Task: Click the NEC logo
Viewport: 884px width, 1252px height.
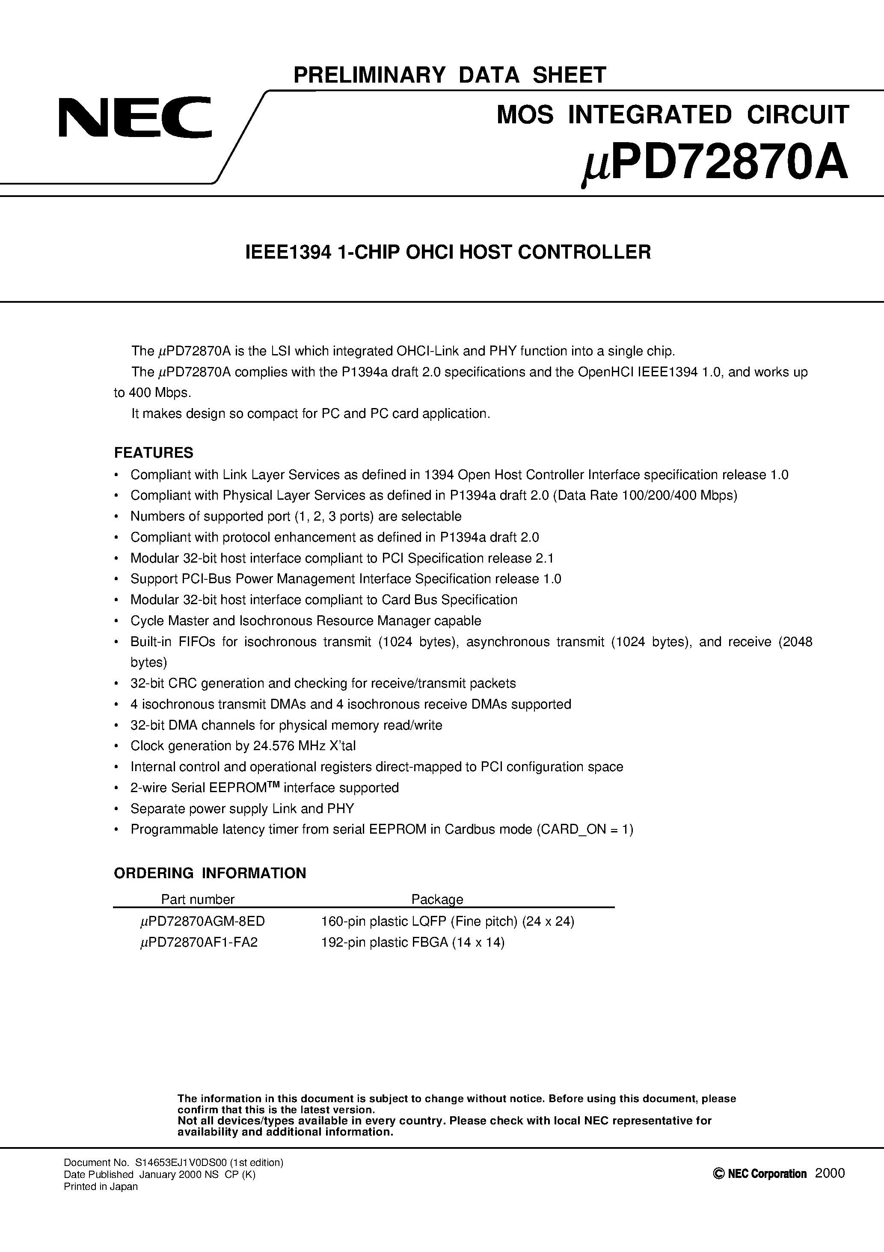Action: (135, 117)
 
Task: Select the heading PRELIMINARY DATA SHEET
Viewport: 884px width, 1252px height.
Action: (450, 75)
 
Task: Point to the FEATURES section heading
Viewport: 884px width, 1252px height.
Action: (154, 453)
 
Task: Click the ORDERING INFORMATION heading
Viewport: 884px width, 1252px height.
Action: (210, 873)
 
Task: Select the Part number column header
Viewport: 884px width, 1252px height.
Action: (197, 899)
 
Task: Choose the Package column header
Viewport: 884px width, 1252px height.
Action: (437, 899)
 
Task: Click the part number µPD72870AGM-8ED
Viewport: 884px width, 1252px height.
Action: (202, 921)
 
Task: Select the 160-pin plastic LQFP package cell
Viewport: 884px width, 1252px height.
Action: (448, 921)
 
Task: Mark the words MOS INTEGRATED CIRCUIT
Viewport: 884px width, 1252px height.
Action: (673, 114)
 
